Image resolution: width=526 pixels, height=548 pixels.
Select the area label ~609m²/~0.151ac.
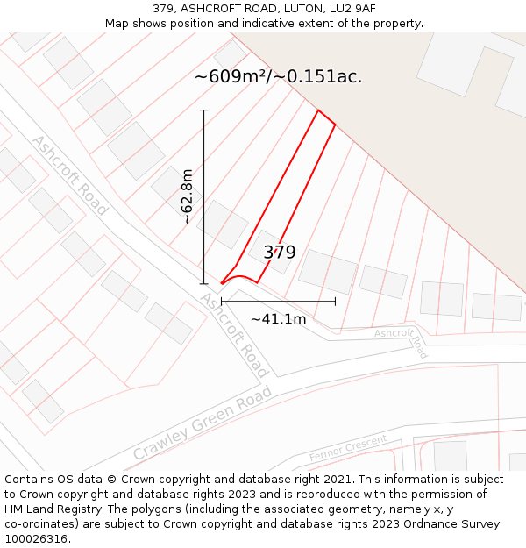point(278,76)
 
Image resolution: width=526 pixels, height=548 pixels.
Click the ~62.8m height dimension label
point(187,197)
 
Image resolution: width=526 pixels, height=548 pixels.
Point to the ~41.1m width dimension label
point(278,319)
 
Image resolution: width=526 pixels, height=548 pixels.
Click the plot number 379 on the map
point(280,253)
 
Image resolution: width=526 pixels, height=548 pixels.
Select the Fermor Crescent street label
point(348,447)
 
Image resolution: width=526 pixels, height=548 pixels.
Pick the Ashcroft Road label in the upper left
point(69,175)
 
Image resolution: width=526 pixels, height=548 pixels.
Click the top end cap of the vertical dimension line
point(204,110)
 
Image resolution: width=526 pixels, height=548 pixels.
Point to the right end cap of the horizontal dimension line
point(335,302)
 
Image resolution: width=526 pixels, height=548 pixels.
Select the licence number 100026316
point(37,539)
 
